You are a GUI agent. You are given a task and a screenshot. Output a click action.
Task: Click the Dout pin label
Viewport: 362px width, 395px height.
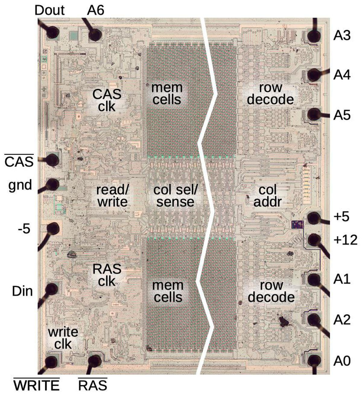[49, 11]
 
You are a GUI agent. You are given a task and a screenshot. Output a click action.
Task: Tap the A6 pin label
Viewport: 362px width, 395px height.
[96, 11]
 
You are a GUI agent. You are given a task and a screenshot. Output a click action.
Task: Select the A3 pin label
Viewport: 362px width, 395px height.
[342, 36]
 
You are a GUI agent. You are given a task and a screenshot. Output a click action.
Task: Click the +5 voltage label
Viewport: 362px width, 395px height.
[341, 217]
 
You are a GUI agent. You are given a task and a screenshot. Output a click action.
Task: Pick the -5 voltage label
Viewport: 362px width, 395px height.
[24, 229]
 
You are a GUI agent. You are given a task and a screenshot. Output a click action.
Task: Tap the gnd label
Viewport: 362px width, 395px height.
[20, 185]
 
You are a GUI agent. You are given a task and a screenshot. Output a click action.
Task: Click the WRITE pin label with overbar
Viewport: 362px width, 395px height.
[37, 386]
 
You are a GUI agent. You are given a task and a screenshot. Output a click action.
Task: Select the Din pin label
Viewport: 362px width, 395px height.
[22, 291]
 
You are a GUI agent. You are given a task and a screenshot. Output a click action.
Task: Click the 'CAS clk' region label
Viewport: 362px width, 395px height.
[107, 100]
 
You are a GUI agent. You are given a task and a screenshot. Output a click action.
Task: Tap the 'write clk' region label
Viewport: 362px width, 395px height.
[63, 338]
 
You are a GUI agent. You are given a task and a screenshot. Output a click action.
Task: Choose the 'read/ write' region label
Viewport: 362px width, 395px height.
[112, 196]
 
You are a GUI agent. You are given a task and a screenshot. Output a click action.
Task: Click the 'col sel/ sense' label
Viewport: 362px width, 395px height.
[175, 196]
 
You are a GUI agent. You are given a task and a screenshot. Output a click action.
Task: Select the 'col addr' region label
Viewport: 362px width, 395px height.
[268, 196]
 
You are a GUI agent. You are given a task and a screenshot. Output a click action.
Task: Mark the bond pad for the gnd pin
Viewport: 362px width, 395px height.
[52, 184]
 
